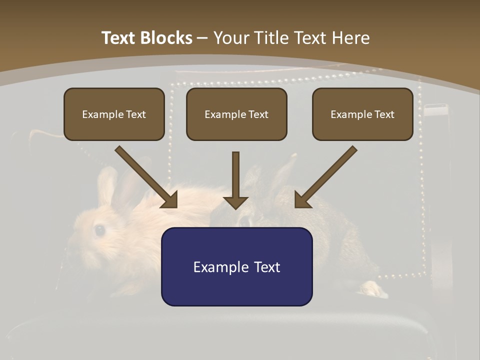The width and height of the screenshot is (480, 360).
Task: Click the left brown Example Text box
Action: point(114,114)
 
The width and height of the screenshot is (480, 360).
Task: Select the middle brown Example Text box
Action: point(236,114)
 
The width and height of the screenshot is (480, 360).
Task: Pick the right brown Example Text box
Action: point(362,114)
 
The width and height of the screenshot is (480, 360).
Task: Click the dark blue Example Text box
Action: point(236,266)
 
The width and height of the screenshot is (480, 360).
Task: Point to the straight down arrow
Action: point(235,180)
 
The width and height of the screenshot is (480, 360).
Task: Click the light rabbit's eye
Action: point(99,230)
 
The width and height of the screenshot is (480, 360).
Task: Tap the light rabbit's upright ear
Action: point(106,185)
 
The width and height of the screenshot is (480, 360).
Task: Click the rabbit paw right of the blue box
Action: point(372,288)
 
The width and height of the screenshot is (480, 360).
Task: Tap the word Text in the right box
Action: point(384,114)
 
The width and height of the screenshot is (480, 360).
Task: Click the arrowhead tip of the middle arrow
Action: point(235,208)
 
